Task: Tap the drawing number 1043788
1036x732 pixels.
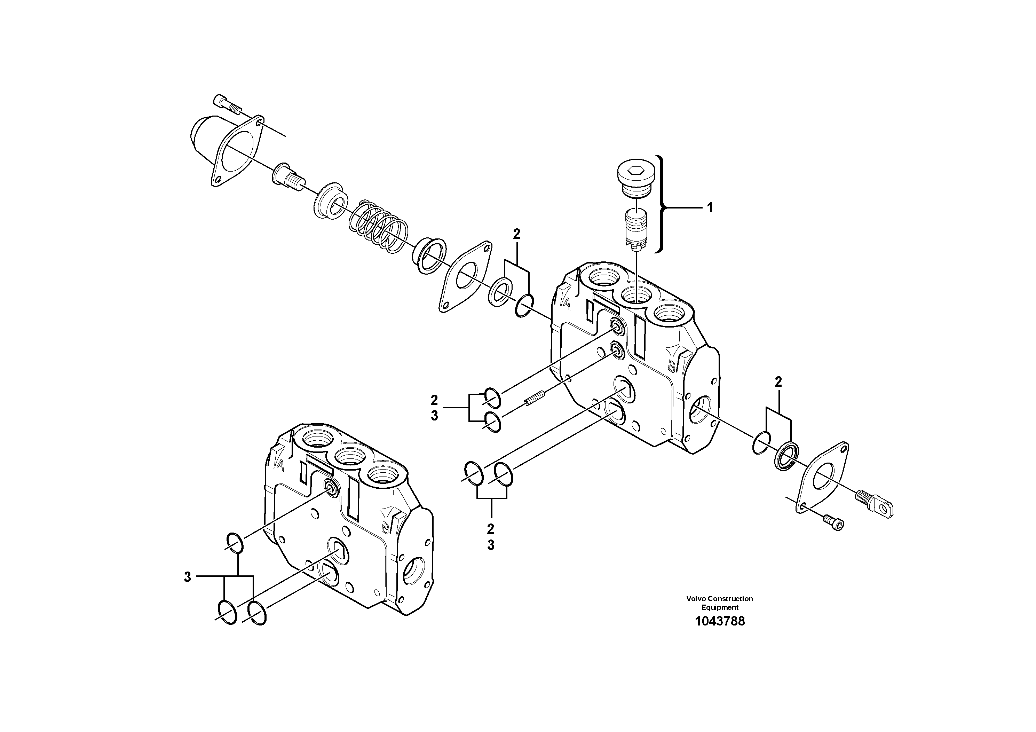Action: click(x=720, y=621)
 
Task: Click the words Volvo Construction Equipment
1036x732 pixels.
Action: click(x=719, y=603)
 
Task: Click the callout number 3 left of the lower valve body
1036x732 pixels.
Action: click(x=187, y=577)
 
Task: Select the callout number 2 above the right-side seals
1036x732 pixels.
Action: click(x=778, y=382)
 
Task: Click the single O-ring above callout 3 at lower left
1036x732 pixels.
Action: click(x=235, y=542)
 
